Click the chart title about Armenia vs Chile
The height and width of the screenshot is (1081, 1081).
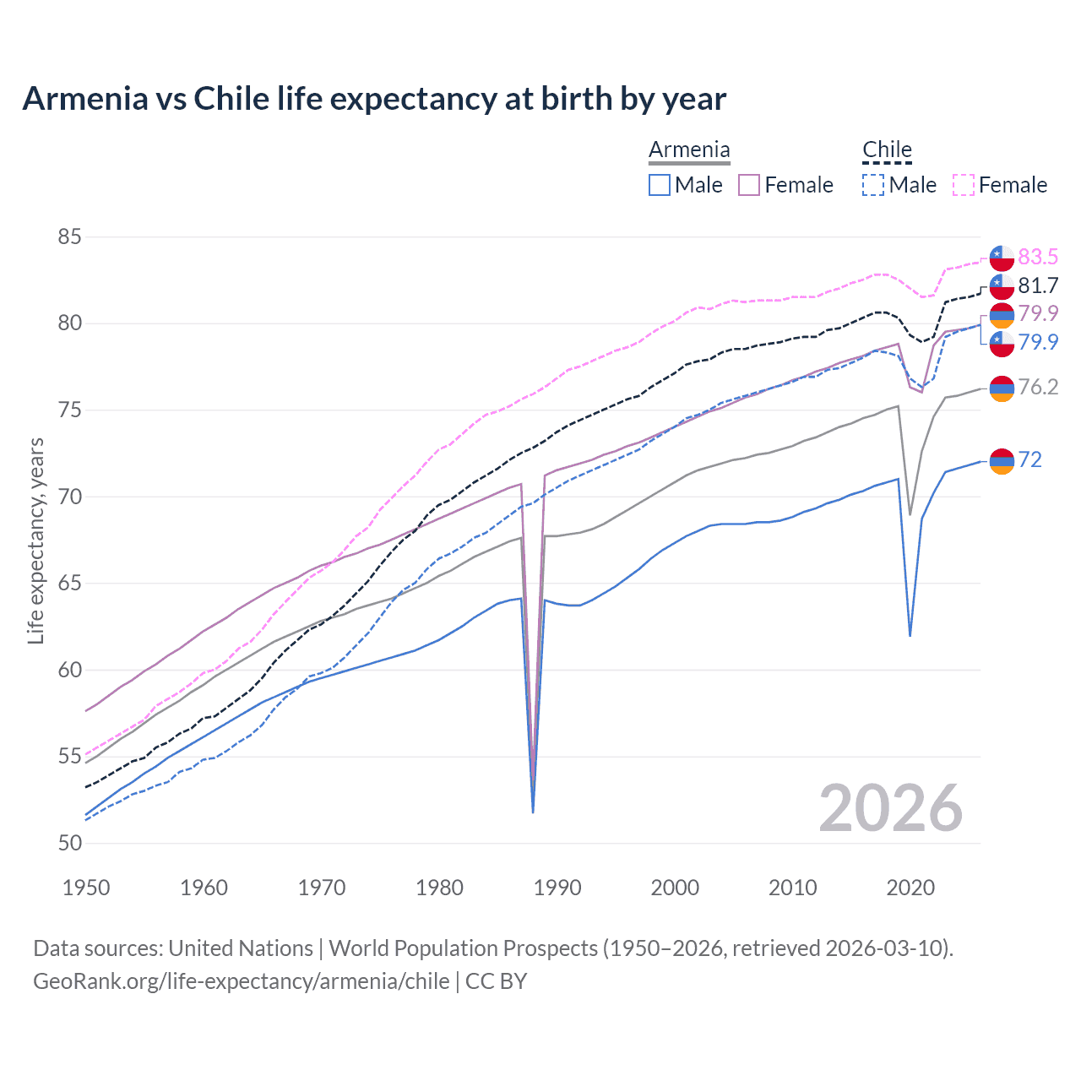point(374,99)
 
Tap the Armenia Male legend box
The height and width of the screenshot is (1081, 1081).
point(660,185)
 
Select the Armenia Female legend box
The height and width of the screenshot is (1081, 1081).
point(749,185)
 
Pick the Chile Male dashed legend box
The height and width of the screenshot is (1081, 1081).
point(873,185)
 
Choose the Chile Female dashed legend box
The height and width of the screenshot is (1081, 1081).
point(964,185)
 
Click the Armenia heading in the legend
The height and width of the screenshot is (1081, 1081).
point(689,150)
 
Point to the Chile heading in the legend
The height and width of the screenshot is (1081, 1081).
point(887,150)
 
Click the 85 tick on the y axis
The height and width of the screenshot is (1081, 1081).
point(69,237)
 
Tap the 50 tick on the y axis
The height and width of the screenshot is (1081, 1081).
point(69,843)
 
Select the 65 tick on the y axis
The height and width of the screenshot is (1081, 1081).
point(69,584)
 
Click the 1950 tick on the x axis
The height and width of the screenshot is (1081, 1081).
point(86,888)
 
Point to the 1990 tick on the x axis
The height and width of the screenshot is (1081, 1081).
point(557,888)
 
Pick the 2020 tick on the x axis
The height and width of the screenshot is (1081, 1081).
point(910,888)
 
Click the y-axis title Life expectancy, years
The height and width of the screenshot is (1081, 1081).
point(36,540)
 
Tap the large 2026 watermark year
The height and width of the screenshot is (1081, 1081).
point(891,808)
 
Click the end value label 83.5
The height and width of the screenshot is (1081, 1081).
point(1038,257)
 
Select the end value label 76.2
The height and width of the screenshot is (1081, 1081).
point(1038,387)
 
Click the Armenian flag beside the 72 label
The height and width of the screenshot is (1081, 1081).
point(1002,460)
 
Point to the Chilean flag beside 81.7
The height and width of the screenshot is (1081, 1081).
point(1002,285)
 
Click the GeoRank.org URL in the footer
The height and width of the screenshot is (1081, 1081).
point(242,981)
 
